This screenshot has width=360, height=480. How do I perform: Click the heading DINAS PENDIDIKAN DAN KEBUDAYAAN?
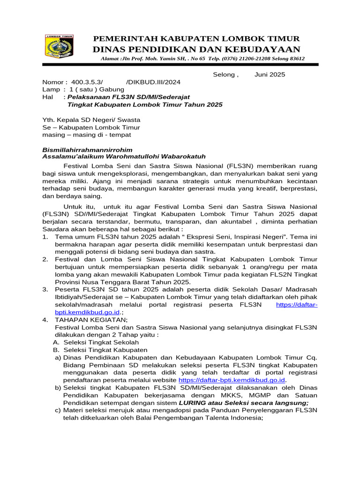(196, 50)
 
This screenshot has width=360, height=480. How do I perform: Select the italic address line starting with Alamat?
(202, 59)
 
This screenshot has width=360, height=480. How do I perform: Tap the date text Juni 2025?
(270, 75)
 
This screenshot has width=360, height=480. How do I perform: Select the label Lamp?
(51, 89)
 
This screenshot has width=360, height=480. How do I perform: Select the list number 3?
(45, 290)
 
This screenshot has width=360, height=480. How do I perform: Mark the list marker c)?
(58, 410)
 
